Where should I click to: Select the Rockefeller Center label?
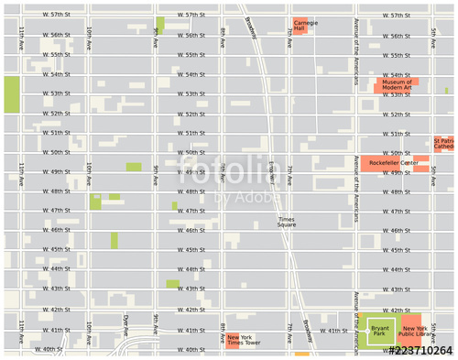click(393, 163)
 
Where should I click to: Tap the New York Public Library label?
click(414, 331)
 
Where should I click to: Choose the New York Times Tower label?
click(245, 340)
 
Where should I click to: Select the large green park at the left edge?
click(11, 94)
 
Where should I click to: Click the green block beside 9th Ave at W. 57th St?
click(160, 25)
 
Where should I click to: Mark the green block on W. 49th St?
click(134, 167)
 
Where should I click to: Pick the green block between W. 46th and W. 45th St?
click(114, 240)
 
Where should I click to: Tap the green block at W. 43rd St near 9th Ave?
click(172, 283)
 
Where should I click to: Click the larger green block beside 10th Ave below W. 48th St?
click(95, 202)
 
